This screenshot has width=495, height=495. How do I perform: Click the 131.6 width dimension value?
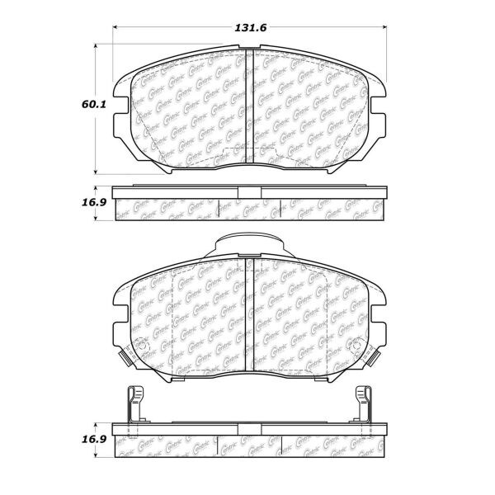coord(247,28)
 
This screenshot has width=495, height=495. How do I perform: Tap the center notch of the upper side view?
coord(249,194)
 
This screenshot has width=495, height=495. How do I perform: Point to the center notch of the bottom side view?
coord(249,429)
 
